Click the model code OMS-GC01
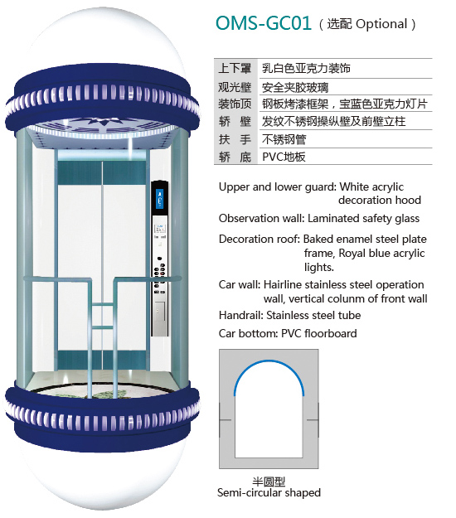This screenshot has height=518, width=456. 264,23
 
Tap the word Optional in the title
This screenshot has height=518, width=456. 381,24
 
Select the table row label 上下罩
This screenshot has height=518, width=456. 235,68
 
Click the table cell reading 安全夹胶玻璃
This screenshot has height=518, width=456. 295,88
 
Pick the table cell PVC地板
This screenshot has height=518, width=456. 284,157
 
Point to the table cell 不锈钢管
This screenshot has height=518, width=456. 284,139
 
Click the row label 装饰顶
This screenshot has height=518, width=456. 235,104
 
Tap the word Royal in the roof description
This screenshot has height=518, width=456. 352,254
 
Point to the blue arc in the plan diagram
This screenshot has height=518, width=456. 269,361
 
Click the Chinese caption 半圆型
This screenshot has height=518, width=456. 269,482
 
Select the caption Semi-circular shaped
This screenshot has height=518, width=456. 269,492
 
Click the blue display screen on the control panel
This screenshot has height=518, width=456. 160,198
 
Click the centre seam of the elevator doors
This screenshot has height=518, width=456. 102,264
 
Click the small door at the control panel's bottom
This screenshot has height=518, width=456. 159,312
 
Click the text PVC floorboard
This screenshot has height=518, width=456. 319,334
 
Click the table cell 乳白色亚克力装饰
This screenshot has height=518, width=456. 306,68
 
